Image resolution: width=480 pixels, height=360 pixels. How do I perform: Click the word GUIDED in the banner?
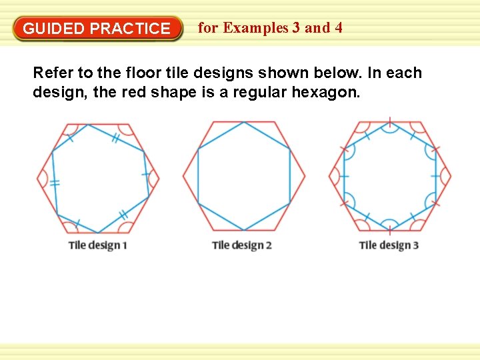(x=53, y=29)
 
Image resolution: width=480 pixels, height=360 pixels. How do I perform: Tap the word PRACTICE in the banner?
(x=130, y=29)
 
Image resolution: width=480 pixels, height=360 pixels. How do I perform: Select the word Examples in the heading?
(x=257, y=28)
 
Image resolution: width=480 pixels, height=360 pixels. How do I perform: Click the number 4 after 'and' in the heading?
(x=339, y=28)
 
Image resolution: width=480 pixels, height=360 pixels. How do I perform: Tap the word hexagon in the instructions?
(x=329, y=93)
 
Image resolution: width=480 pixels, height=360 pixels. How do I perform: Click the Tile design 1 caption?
(x=97, y=245)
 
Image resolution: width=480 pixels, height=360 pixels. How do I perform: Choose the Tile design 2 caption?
(x=241, y=245)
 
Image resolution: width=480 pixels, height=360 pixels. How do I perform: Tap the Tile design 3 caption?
(x=389, y=245)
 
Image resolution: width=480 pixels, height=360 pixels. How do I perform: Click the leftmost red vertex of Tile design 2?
(x=183, y=177)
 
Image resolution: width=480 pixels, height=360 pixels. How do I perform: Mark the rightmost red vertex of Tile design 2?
(x=305, y=177)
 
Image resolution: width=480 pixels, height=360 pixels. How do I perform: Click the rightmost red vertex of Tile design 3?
(x=451, y=177)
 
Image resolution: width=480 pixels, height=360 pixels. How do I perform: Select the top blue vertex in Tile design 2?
(x=244, y=122)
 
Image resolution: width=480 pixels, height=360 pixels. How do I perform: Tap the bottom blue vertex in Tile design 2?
(x=244, y=231)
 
